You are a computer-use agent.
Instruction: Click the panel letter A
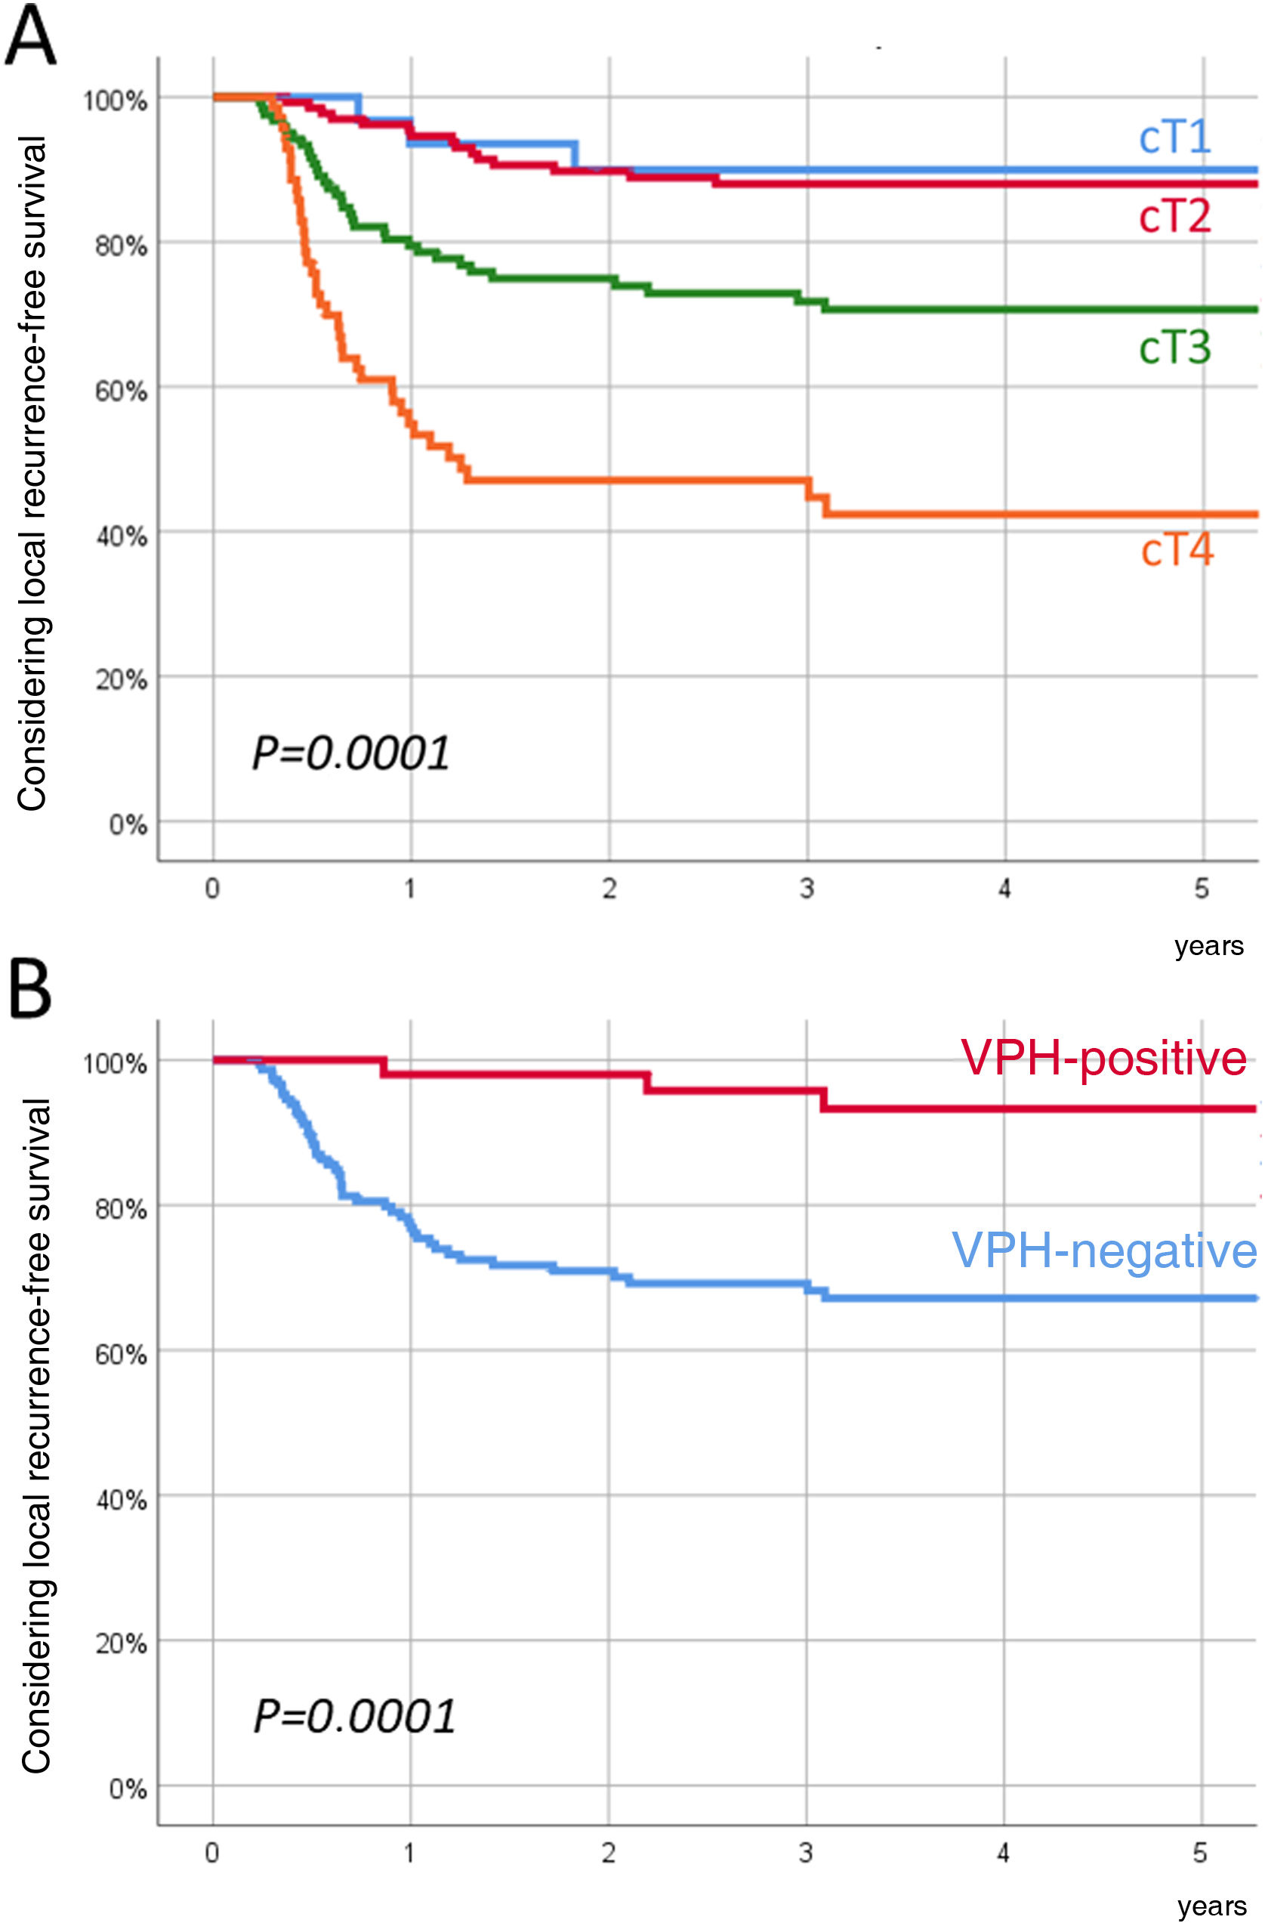pos(31,36)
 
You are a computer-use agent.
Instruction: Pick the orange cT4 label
pos(1176,550)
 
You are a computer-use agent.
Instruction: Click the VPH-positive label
pos(1103,1059)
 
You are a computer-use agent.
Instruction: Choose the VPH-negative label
pos(1103,1251)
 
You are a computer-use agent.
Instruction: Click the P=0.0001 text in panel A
pos(350,753)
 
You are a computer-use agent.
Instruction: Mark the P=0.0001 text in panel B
pos(353,1716)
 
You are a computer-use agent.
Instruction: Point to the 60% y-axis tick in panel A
pos(121,391)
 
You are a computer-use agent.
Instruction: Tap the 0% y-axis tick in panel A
pos(128,825)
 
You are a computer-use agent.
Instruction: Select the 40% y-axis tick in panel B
pos(121,1500)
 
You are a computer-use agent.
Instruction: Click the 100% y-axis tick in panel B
pos(116,1063)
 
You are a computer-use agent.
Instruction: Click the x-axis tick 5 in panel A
pos(1202,889)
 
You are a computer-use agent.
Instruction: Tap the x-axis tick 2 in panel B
pos(608,1852)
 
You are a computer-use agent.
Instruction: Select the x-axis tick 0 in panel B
pos(211,1852)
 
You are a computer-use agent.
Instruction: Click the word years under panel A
pos(1208,945)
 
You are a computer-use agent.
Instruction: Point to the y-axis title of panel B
pos(35,1438)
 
